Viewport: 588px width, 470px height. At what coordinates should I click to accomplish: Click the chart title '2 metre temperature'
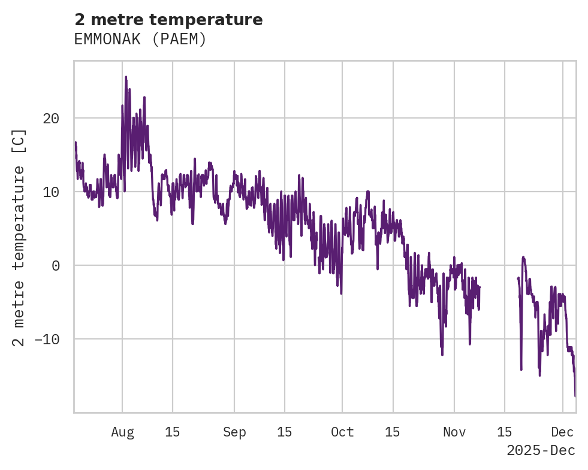(x=168, y=20)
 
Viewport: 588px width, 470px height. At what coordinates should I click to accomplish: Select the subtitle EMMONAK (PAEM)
(x=140, y=40)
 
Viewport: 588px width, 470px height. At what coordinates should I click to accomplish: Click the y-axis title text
(x=20, y=237)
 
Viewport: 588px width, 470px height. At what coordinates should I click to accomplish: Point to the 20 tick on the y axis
(x=51, y=119)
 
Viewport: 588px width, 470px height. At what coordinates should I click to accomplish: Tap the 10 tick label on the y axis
(x=51, y=192)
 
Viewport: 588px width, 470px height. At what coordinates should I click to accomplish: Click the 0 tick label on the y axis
(x=56, y=266)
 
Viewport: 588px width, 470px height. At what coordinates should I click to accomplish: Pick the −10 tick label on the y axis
(x=47, y=339)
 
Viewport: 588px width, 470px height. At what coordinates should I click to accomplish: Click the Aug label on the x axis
(x=122, y=432)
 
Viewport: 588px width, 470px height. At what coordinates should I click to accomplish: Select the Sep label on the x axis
(x=234, y=432)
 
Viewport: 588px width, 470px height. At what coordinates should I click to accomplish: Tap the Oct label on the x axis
(x=342, y=432)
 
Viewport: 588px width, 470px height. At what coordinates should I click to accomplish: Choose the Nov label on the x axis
(x=454, y=432)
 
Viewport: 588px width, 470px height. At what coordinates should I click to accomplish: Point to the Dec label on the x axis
(x=563, y=432)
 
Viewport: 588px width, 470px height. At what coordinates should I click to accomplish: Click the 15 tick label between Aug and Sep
(x=173, y=432)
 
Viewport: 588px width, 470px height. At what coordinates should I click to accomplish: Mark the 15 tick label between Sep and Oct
(x=285, y=432)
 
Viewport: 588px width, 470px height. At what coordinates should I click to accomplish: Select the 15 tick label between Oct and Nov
(x=393, y=432)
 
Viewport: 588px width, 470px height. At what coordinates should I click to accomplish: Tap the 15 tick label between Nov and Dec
(x=505, y=432)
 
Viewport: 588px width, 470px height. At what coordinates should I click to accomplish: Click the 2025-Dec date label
(x=541, y=450)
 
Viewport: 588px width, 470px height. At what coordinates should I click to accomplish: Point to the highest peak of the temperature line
(x=126, y=77)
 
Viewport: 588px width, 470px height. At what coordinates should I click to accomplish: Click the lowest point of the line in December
(x=575, y=396)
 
